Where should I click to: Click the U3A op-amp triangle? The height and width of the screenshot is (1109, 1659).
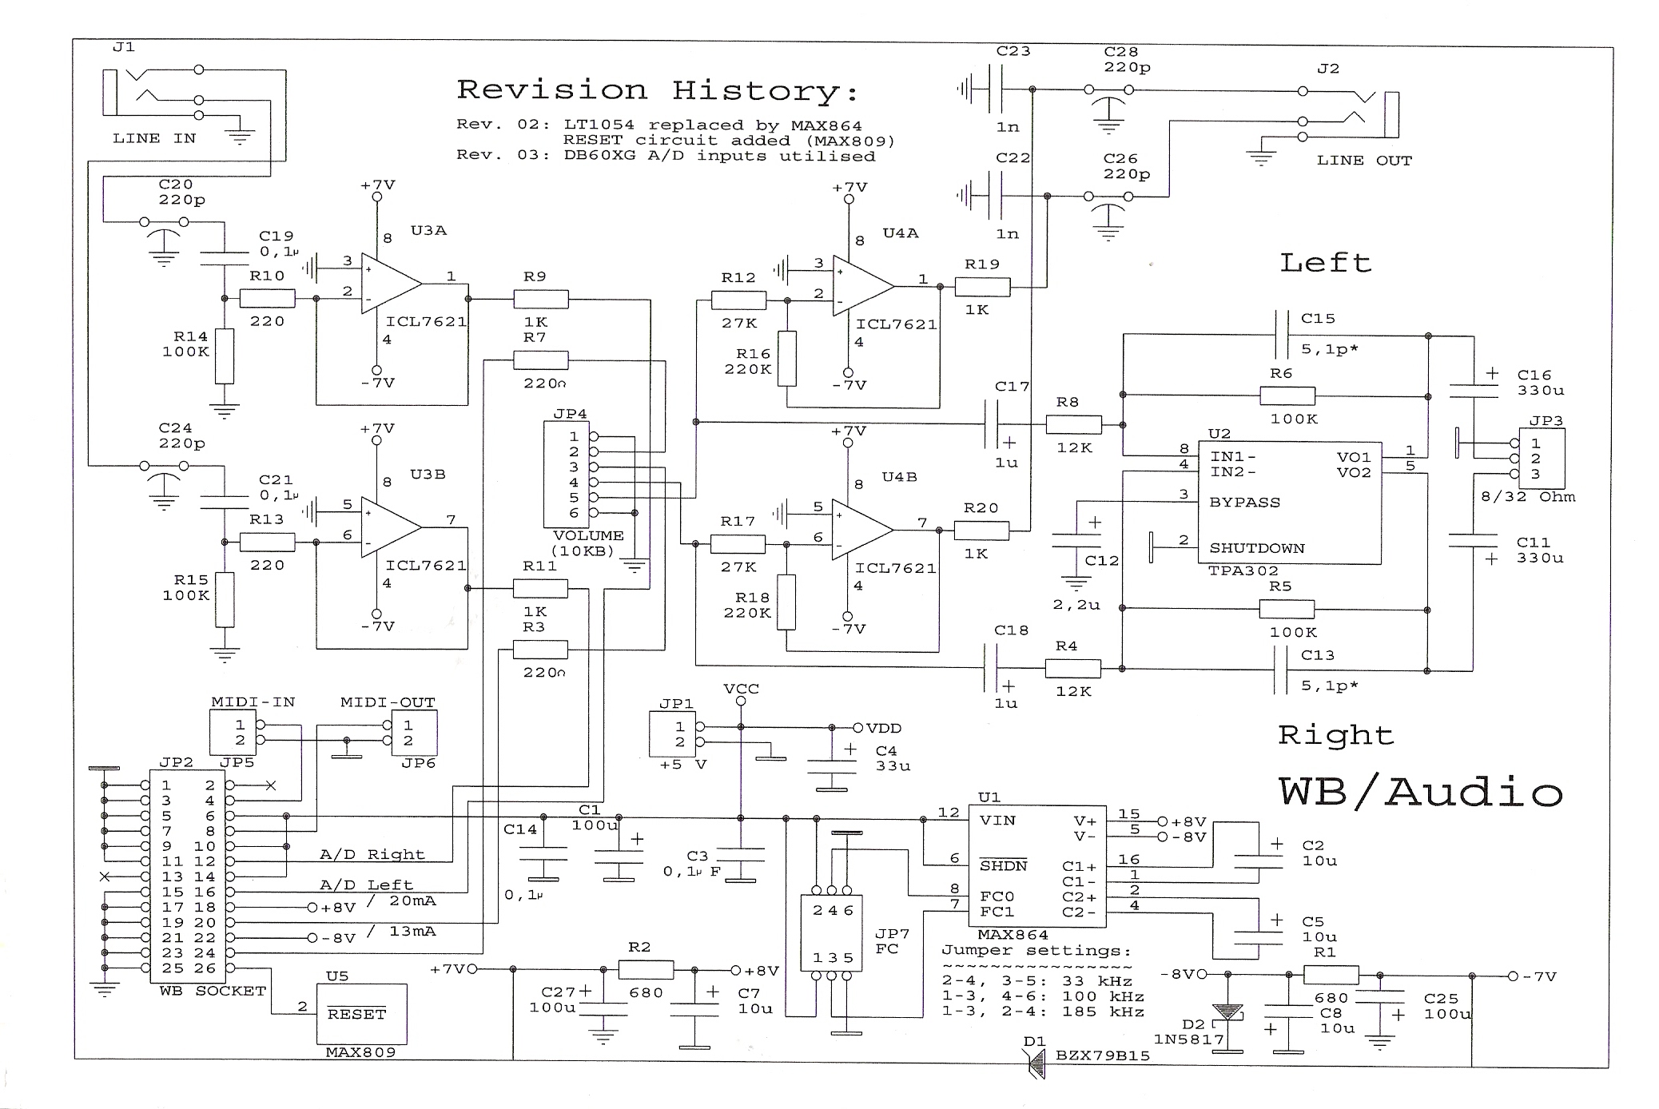pyautogui.click(x=389, y=283)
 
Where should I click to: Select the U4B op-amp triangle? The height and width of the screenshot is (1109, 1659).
pyautogui.click(x=861, y=529)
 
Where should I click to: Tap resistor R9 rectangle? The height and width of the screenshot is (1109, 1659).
pyautogui.click(x=541, y=300)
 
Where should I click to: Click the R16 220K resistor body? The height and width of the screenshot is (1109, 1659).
pyautogui.click(x=787, y=359)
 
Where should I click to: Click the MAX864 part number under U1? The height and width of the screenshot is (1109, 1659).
pyautogui.click(x=1013, y=934)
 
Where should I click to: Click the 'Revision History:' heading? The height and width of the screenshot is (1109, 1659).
pyautogui.click(x=657, y=90)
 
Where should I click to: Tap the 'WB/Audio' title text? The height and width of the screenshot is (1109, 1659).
pyautogui.click(x=1420, y=793)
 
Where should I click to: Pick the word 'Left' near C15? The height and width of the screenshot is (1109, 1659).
pyautogui.click(x=1325, y=263)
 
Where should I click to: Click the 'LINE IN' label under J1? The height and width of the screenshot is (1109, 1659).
pyautogui.click(x=154, y=138)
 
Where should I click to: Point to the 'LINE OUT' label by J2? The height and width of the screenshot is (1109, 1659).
pyautogui.click(x=1364, y=161)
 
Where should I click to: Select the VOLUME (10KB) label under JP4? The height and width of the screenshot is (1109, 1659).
pyautogui.click(x=588, y=543)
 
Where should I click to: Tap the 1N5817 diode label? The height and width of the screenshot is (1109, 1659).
pyautogui.click(x=1188, y=1039)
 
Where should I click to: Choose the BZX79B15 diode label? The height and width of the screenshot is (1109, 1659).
pyautogui.click(x=1102, y=1055)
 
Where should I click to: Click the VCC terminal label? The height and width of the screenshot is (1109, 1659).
pyautogui.click(x=741, y=689)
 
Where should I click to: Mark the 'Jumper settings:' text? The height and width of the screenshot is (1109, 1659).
pyautogui.click(x=1036, y=950)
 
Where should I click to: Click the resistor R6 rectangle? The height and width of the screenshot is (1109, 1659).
pyautogui.click(x=1287, y=396)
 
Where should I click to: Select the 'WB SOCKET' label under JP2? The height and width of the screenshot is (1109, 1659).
pyautogui.click(x=212, y=991)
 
